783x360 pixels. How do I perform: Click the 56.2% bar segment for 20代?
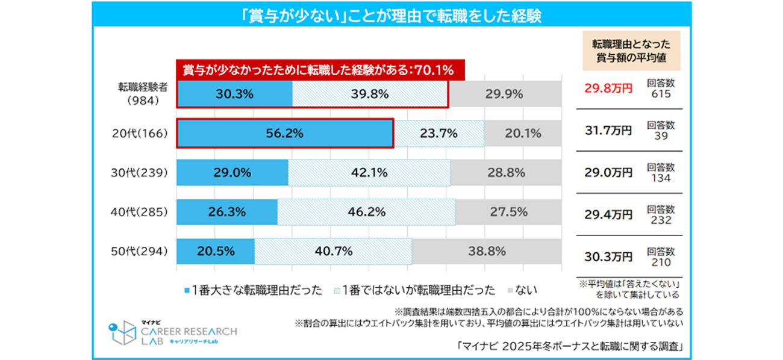(284, 134)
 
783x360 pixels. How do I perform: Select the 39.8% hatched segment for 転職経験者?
(370, 95)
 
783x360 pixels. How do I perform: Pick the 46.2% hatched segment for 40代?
(366, 213)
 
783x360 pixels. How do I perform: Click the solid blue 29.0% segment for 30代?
(232, 173)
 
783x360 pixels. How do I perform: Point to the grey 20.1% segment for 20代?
(522, 134)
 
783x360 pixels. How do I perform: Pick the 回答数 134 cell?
(661, 172)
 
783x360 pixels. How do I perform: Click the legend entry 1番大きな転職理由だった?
(253, 291)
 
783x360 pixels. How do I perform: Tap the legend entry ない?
(525, 291)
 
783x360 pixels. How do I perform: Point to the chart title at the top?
(391, 16)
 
